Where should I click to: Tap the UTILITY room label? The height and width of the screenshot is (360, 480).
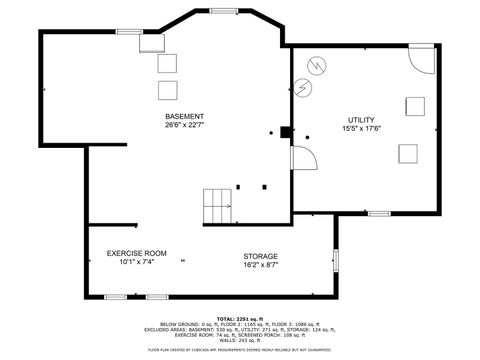click(x=361, y=120)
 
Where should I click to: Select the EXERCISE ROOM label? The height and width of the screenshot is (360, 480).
click(x=137, y=253)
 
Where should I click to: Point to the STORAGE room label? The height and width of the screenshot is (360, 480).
click(x=260, y=256)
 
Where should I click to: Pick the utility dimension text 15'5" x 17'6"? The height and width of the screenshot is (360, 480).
click(x=361, y=129)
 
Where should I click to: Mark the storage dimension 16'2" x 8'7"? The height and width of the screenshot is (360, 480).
click(x=260, y=265)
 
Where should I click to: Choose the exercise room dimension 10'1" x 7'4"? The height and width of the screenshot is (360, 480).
click(x=137, y=262)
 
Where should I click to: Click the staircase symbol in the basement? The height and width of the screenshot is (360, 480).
click(x=217, y=205)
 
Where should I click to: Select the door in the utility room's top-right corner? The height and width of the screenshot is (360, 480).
click(x=423, y=59)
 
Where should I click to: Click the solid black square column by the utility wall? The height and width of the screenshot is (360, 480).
click(x=285, y=131)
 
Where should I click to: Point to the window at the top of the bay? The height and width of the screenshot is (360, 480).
click(x=223, y=10)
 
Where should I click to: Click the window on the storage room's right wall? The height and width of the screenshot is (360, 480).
click(x=336, y=259)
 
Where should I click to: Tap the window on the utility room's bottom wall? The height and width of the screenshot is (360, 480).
click(x=379, y=213)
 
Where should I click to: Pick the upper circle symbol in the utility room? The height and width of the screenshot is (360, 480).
click(x=317, y=65)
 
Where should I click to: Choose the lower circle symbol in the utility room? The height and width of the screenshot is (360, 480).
click(x=305, y=87)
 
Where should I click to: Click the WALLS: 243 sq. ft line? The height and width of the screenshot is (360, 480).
click(x=240, y=339)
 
